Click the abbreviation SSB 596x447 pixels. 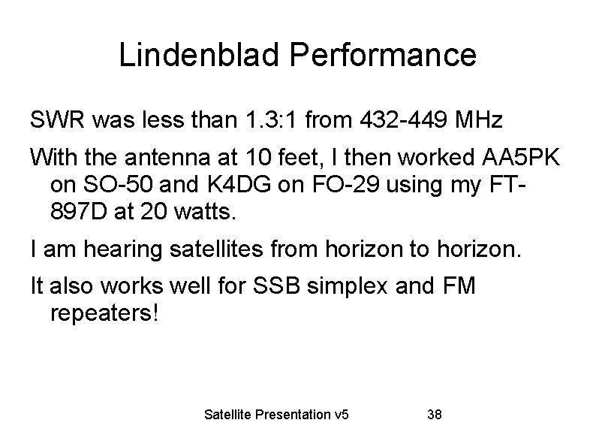(x=283, y=286)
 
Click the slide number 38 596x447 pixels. (x=434, y=414)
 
